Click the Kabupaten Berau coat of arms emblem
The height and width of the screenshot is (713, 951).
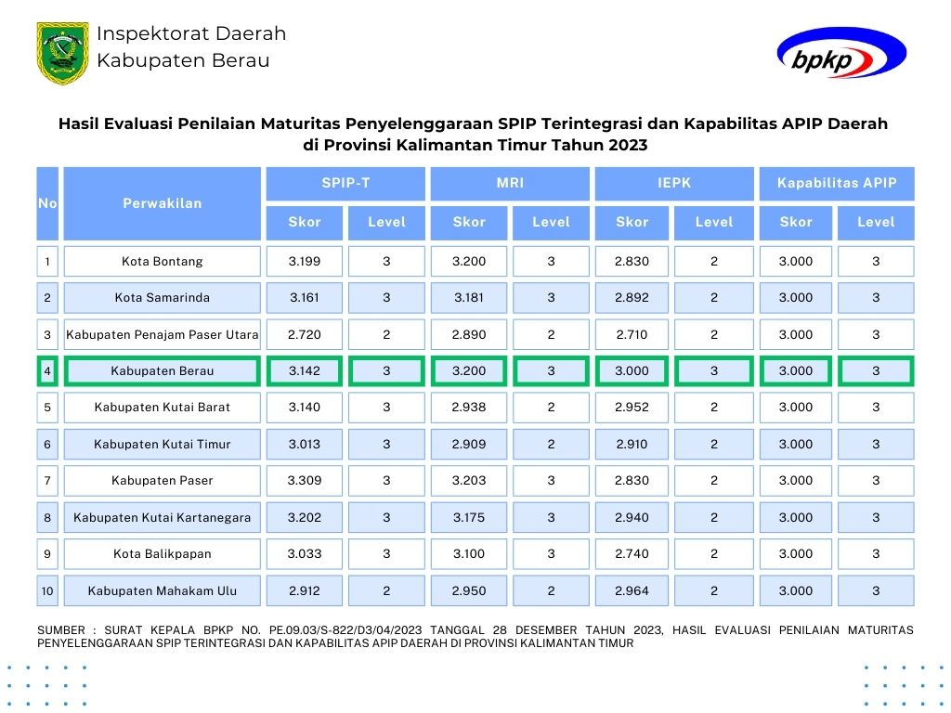(63, 53)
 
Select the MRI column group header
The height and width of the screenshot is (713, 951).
(510, 183)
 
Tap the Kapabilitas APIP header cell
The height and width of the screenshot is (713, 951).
(837, 183)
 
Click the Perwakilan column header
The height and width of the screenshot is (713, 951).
(163, 203)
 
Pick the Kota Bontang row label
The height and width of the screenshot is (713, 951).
(163, 261)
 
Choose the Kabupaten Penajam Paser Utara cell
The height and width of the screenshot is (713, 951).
(163, 334)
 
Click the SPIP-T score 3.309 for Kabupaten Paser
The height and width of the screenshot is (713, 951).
(305, 480)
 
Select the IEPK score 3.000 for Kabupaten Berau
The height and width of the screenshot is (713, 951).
(632, 370)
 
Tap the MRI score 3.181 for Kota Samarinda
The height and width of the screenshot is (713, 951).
(469, 298)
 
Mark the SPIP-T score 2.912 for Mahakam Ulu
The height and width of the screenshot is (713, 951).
(305, 590)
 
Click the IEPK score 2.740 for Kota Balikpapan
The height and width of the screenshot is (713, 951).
(632, 553)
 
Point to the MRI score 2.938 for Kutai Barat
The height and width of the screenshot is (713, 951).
(469, 407)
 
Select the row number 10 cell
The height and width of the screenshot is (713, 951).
(47, 590)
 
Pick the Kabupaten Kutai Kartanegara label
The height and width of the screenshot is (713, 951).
(163, 517)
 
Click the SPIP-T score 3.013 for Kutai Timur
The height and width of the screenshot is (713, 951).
(305, 444)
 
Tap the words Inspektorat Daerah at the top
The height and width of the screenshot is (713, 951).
(191, 34)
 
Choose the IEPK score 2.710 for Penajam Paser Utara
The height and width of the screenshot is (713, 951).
(632, 334)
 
